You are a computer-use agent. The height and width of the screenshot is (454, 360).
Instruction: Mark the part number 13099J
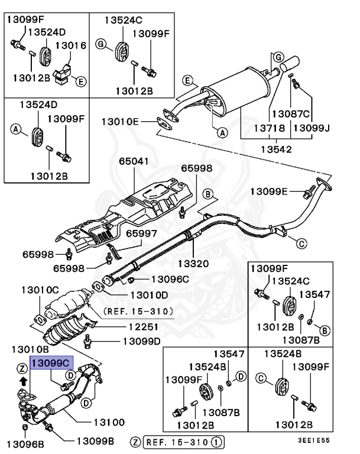click(x=312, y=128)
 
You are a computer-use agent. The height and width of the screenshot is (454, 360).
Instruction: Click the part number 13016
click(x=71, y=45)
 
